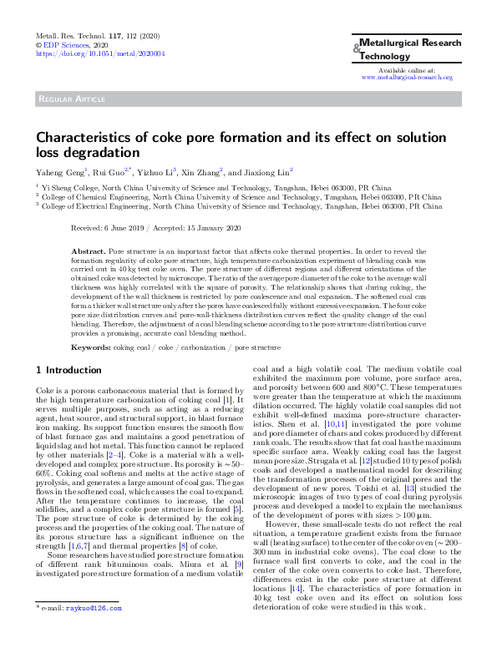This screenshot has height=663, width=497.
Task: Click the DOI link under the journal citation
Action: click(x=81, y=53)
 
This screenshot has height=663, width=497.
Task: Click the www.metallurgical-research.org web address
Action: click(x=406, y=77)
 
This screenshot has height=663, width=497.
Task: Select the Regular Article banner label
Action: click(x=71, y=99)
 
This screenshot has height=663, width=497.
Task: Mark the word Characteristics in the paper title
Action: click(x=84, y=138)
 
